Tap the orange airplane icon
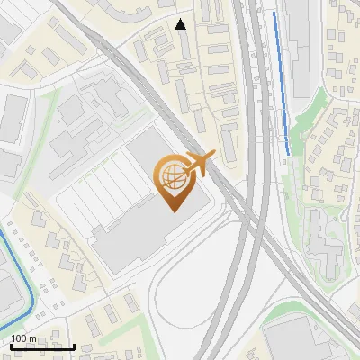coord(198,164)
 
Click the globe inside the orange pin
coord(171,176)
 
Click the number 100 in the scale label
coord(19,338)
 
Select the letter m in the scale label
coord(32,338)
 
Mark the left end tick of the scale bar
coord(9,346)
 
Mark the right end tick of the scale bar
coord(74,346)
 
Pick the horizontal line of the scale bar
coord(41,347)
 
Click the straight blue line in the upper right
coord(282,81)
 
